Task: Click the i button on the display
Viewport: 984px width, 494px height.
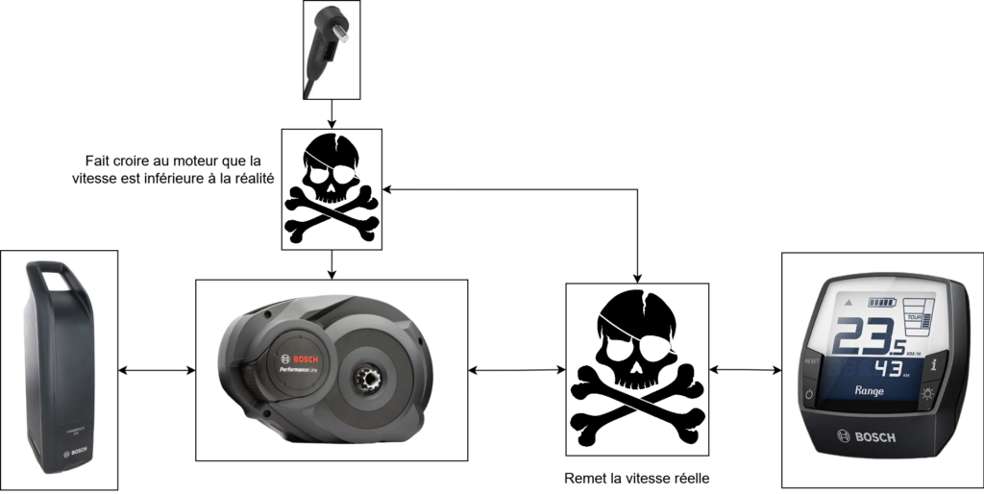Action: (933, 365)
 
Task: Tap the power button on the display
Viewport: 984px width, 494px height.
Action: (808, 394)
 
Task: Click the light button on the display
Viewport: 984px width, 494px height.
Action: (927, 394)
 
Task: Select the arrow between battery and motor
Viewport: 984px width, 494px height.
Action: (157, 370)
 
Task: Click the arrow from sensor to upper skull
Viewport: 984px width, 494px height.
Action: (332, 114)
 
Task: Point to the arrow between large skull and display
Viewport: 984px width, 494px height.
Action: (745, 370)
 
